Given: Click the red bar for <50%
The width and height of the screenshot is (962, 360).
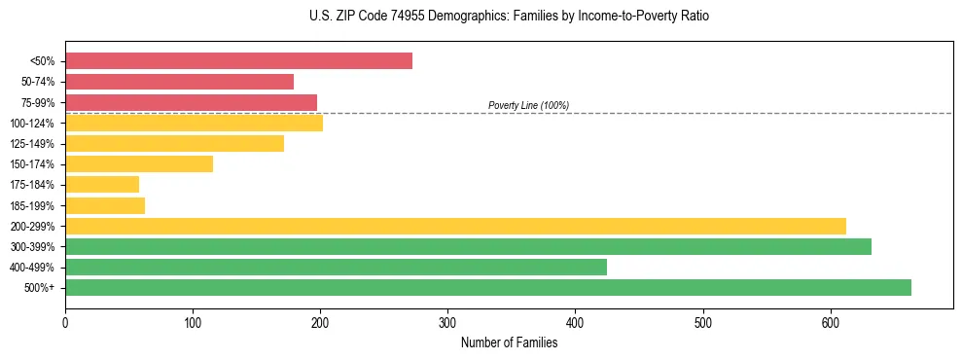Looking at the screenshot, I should [x=238, y=61].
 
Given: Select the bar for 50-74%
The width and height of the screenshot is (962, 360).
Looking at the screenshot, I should [x=179, y=82].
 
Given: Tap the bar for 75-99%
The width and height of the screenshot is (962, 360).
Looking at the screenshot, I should [x=191, y=102].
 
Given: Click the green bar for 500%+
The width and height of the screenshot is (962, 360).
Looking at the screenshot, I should [x=487, y=287].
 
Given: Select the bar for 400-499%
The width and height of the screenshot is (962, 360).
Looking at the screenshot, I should [x=336, y=267].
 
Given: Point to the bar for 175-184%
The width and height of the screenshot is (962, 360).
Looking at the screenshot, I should [x=102, y=184].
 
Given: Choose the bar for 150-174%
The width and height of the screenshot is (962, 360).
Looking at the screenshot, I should [x=139, y=163].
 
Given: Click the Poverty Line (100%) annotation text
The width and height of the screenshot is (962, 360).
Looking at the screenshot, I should [x=528, y=105].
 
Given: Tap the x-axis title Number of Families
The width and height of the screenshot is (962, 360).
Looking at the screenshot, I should [x=509, y=342].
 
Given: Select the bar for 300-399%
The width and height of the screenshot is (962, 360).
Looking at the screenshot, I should [x=468, y=246].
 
